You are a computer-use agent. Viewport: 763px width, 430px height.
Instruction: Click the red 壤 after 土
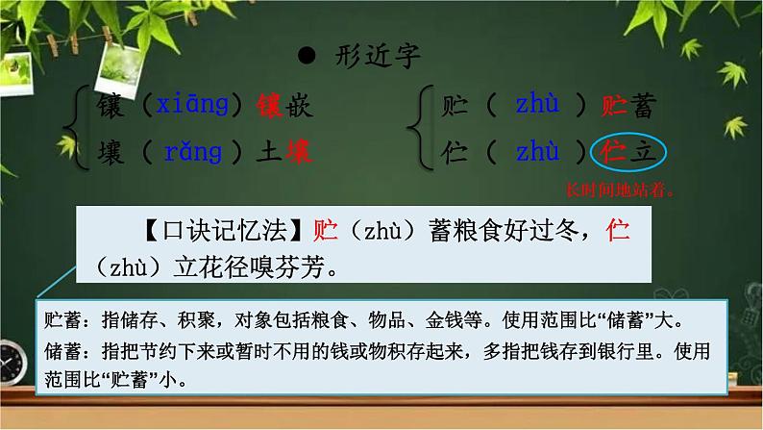[296, 151]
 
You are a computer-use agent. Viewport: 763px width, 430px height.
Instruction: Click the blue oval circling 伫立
[627, 151]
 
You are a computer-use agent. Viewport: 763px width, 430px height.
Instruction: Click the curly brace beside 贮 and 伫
[416, 129]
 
